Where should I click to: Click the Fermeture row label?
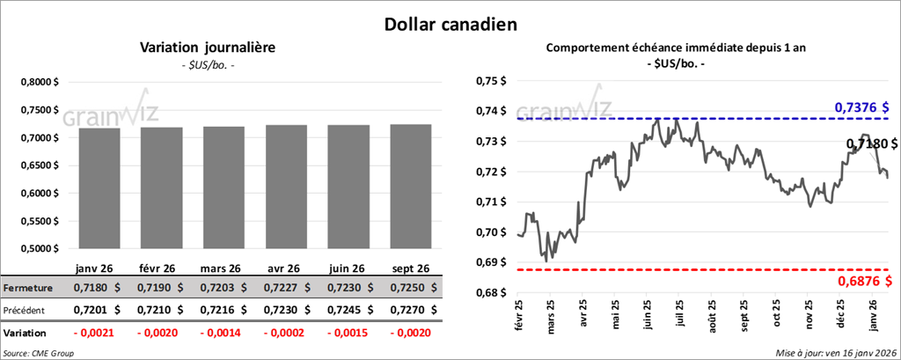[28, 288]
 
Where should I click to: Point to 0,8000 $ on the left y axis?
[41, 82]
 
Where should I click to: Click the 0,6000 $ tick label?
[41, 193]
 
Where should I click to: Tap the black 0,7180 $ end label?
[871, 143]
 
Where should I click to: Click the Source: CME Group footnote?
[39, 352]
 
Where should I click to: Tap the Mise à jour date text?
[836, 352]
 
